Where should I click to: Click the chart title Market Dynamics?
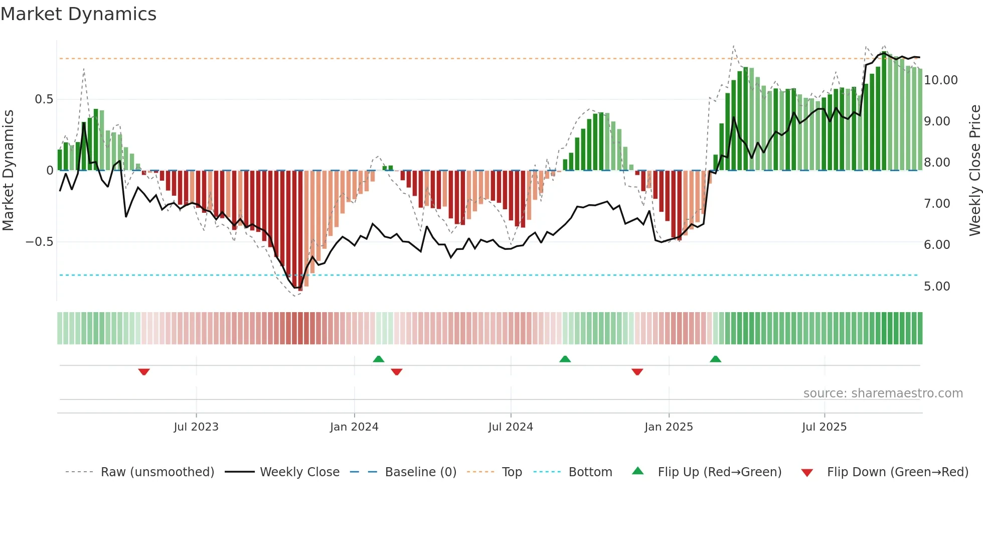click(78, 14)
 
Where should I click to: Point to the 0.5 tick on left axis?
click(44, 99)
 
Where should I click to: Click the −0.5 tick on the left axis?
click(40, 242)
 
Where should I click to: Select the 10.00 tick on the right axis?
click(940, 80)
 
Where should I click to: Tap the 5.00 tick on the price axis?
click(936, 287)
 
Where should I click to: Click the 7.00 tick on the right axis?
click(936, 204)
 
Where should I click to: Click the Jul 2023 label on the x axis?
click(196, 427)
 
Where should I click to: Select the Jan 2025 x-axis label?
click(669, 427)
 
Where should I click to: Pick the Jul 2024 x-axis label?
click(511, 427)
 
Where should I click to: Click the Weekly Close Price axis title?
click(974, 171)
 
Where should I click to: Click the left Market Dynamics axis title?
click(8, 171)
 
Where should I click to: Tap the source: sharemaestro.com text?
click(883, 393)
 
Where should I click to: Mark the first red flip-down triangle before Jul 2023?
click(144, 372)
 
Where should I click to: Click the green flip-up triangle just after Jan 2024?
click(379, 359)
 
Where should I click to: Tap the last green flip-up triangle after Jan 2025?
click(715, 359)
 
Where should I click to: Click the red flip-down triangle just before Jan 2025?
click(637, 372)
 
